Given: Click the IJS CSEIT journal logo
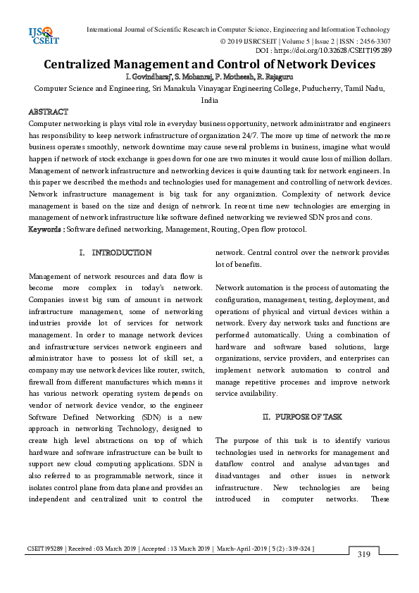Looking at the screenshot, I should point(43,36).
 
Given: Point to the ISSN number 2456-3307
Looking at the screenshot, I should point(373,41).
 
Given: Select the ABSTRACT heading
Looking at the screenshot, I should point(48,112).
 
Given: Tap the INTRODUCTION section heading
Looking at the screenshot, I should point(121,252).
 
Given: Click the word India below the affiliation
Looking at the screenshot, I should point(209,101).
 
